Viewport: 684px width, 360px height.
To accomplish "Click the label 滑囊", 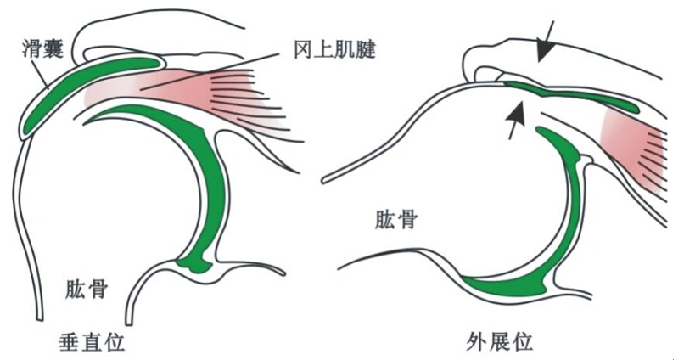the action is tap(43, 49).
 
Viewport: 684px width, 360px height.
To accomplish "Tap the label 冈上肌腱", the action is tap(334, 50).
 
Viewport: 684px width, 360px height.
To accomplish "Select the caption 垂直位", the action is tap(92, 342).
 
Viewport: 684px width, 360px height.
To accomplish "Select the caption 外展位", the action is tap(499, 341).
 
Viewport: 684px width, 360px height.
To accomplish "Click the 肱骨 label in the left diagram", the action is tap(87, 289).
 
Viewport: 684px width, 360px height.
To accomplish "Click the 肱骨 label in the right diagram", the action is tap(396, 220).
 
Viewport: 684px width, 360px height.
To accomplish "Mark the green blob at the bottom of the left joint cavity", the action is tap(194, 262).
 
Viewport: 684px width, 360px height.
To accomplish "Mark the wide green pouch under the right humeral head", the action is tap(506, 287).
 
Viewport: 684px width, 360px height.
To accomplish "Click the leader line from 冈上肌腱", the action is tap(209, 71).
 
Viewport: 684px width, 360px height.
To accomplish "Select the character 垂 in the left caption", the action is tap(70, 342).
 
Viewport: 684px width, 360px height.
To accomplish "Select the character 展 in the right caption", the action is tap(499, 341).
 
